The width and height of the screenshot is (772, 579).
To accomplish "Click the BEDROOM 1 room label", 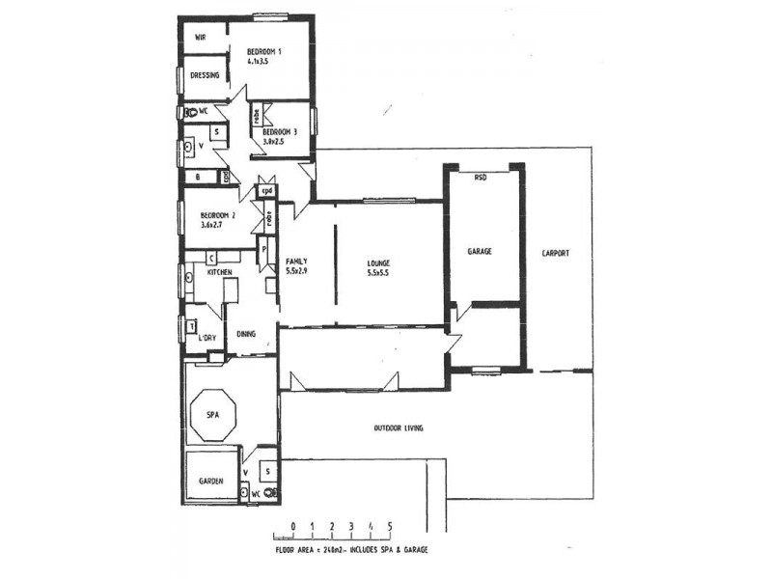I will (x=263, y=51).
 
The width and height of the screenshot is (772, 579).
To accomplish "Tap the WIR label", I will (x=201, y=38).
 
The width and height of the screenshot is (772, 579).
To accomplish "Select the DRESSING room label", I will (x=205, y=75).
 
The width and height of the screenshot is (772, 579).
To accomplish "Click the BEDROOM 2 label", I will (x=217, y=215).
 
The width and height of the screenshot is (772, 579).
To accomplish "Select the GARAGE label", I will (x=480, y=251).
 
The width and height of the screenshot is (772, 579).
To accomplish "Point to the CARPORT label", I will (x=555, y=254).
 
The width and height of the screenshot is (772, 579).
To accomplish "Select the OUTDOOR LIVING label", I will (x=399, y=427).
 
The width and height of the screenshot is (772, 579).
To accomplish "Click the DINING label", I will (x=246, y=334).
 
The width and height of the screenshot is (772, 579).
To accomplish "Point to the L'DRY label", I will (x=207, y=338).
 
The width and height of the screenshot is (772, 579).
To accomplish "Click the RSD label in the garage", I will (x=480, y=178).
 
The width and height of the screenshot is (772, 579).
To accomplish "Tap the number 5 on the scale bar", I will (x=390, y=526).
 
